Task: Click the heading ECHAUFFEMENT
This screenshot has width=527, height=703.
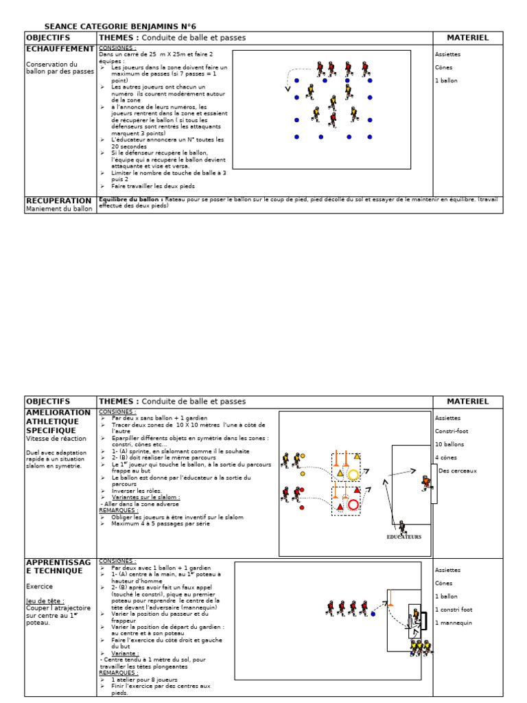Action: pos(60,49)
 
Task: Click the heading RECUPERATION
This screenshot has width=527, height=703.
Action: pos(58,200)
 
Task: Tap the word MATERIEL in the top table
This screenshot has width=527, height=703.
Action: pos(467,38)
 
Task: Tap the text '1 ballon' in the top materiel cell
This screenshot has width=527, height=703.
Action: pos(446,81)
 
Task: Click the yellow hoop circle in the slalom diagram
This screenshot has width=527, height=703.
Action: pos(353,474)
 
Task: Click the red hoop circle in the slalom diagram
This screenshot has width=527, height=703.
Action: pos(353,505)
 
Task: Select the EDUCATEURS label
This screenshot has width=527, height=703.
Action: pos(403,538)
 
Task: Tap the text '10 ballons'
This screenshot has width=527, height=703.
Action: pos(449,444)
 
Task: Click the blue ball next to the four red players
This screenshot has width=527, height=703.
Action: pos(373,614)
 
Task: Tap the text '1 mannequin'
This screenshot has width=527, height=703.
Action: pos(453,623)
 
